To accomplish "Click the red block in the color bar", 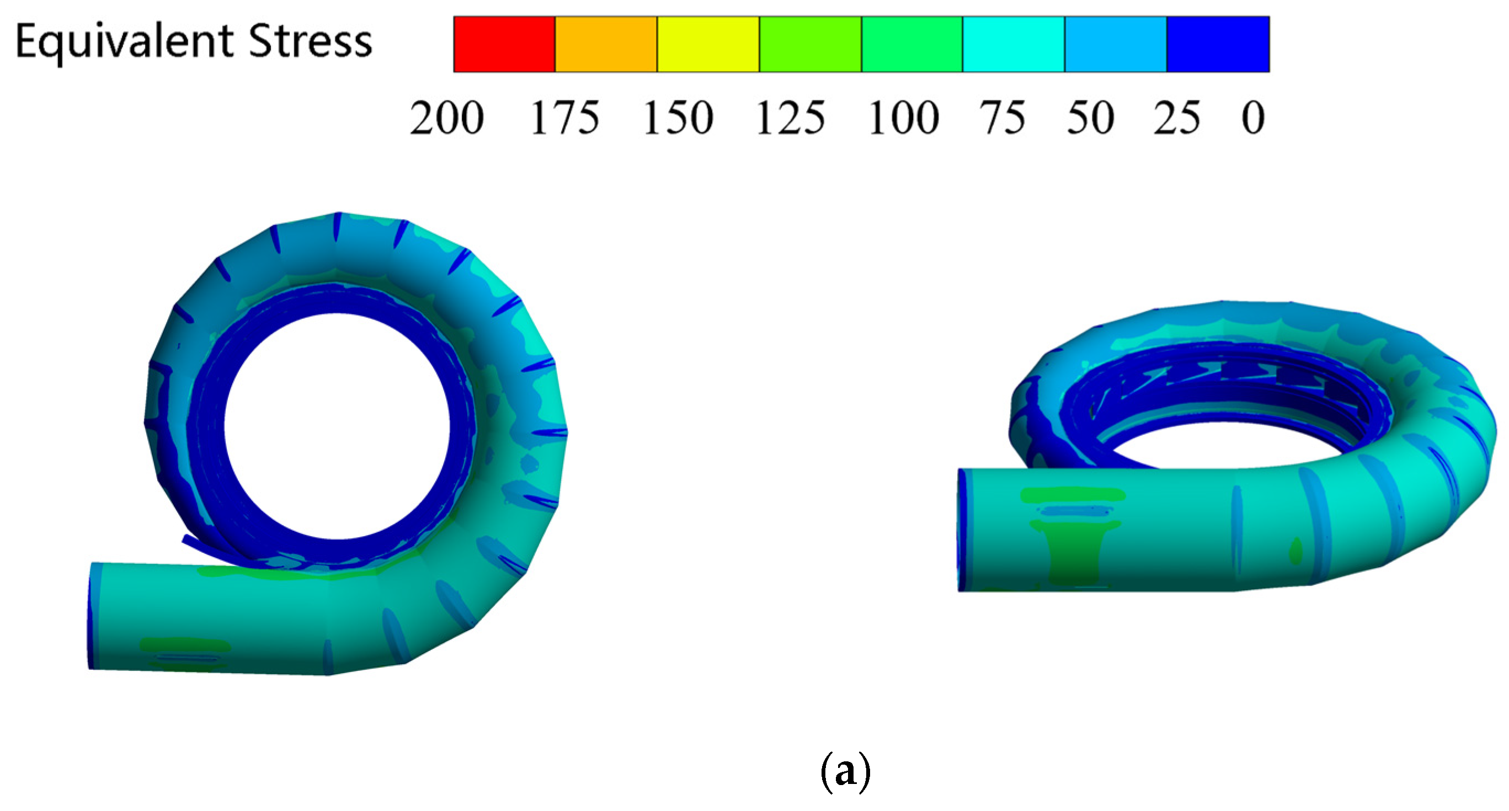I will tap(504, 44).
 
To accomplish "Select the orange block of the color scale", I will tap(606, 44).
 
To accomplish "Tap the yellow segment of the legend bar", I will tap(708, 44).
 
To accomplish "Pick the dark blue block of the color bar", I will tap(1218, 44).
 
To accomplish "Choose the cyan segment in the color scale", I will tap(1014, 44).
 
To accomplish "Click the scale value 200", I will tap(447, 118).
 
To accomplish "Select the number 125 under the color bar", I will tap(791, 118).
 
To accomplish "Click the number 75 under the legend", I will tap(1003, 118).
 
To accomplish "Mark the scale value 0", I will tap(1253, 118).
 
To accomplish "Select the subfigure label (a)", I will tap(845, 772).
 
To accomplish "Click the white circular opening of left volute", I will tap(337, 426).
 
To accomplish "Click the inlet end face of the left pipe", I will tap(92, 616).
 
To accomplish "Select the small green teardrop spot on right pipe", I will tap(1296, 551).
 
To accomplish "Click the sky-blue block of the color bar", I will tap(1116, 44).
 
